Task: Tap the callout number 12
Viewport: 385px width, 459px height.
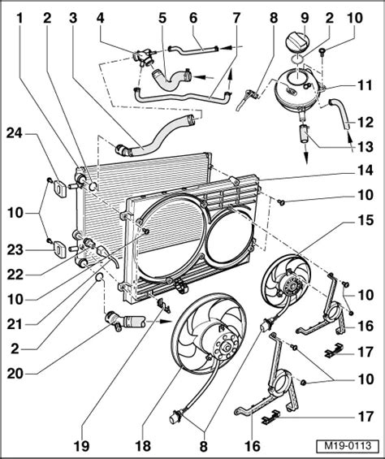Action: coord(364,123)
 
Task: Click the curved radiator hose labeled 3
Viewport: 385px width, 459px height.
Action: coord(154,137)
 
